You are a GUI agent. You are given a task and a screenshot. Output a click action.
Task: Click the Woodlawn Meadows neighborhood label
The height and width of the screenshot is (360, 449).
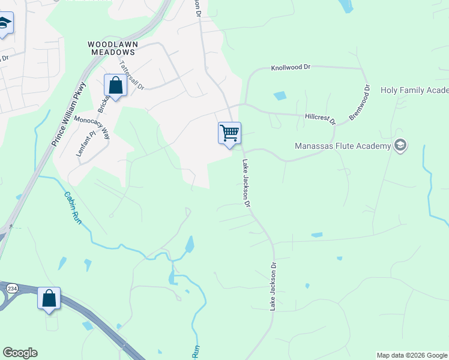[113, 48]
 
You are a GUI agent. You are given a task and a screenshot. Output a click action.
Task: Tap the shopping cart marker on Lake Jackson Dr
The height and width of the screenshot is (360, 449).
[229, 133]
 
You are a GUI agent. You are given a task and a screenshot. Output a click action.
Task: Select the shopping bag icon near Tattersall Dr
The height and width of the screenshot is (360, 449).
[115, 85]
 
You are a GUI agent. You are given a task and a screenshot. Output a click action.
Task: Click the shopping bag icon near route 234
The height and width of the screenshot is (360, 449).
[49, 298]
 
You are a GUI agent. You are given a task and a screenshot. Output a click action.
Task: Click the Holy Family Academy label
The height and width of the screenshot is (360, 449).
[414, 91]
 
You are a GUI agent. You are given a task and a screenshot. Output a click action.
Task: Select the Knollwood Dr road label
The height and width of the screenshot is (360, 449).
[291, 68]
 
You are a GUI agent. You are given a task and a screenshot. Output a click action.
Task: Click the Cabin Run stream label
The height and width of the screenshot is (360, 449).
[72, 205]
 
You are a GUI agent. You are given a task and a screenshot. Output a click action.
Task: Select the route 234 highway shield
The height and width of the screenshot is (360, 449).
[11, 289]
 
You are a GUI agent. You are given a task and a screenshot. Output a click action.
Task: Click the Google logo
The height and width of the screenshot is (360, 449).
[20, 353]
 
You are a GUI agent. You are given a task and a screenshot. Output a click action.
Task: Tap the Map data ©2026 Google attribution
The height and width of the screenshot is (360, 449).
[412, 355]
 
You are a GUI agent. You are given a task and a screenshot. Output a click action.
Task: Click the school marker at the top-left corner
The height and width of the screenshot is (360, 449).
[5, 24]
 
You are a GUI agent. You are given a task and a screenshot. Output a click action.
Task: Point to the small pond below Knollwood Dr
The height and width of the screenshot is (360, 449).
[280, 95]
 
